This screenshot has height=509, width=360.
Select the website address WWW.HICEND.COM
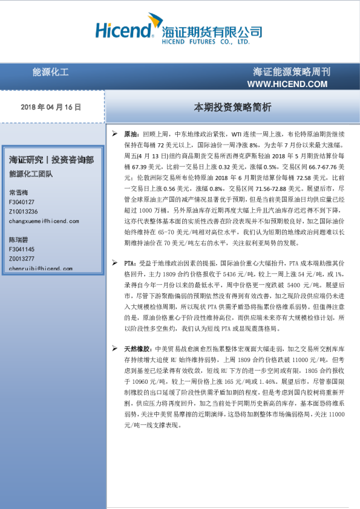[x=288, y=83]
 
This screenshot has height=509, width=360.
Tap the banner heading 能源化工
[x=51, y=72]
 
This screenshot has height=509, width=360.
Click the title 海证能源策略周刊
[x=292, y=72]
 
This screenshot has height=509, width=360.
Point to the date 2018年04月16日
[x=51, y=106]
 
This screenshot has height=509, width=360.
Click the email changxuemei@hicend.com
[x=44, y=221]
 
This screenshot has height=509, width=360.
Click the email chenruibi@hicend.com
[x=41, y=268]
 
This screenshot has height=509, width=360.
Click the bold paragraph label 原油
[x=131, y=132]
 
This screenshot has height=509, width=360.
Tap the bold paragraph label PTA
[x=129, y=263]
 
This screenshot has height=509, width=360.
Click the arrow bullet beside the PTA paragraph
[x=115, y=263]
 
